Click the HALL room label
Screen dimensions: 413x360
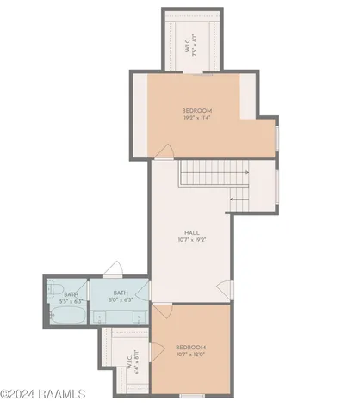click(193, 232)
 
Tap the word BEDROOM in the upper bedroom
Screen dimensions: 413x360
click(197, 110)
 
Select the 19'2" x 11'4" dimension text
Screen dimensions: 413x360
click(197, 119)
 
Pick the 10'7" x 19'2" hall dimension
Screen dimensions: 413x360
click(193, 241)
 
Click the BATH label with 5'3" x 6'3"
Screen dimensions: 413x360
click(71, 294)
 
